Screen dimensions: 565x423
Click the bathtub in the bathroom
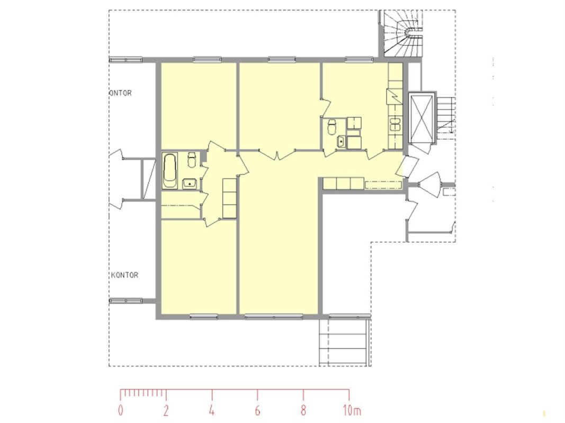(x=170, y=170)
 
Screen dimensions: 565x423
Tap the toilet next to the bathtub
(x=191, y=160)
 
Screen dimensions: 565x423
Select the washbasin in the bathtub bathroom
(x=189, y=183)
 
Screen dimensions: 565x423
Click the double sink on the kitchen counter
(x=395, y=124)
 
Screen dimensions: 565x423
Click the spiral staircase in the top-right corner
(x=403, y=33)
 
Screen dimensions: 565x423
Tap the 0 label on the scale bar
(x=121, y=410)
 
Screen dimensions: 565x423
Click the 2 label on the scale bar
(x=166, y=410)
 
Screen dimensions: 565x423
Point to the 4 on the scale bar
(x=212, y=410)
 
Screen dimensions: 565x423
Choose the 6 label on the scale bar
(x=257, y=410)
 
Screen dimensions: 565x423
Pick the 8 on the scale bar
(x=303, y=410)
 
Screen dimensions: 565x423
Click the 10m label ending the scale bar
(x=352, y=410)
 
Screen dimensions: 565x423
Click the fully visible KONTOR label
(x=124, y=275)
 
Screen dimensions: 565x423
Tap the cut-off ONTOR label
(x=120, y=93)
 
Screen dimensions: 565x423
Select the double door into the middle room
(x=277, y=155)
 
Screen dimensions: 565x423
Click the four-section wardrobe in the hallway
(x=229, y=198)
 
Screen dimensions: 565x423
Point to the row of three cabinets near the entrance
(x=343, y=183)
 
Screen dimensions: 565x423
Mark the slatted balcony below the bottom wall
(x=345, y=342)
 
